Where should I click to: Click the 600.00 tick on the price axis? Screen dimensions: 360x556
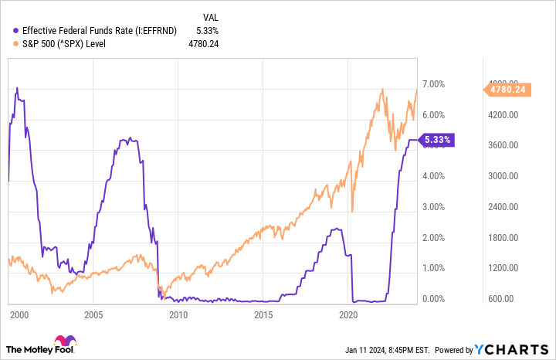click(x=503, y=299)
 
